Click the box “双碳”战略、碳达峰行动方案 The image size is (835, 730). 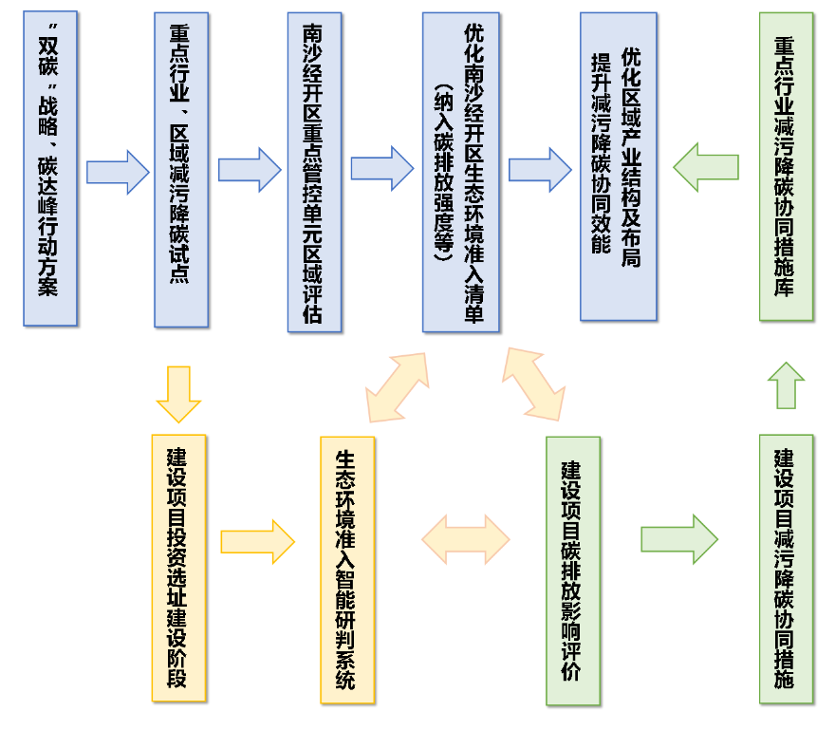click(x=50, y=168)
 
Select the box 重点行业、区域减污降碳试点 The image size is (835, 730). click(x=180, y=169)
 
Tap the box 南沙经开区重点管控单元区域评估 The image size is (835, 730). click(x=314, y=172)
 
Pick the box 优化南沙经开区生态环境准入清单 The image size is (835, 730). click(x=461, y=172)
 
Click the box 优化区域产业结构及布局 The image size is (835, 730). click(x=619, y=166)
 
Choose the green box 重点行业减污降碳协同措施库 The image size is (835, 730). click(x=786, y=166)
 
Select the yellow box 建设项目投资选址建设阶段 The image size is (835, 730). click(x=178, y=568)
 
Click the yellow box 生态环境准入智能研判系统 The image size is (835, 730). click(x=347, y=570)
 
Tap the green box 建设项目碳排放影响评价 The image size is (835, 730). click(x=573, y=571)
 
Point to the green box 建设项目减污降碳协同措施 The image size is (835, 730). click(x=786, y=569)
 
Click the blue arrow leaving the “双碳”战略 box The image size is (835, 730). click(x=118, y=172)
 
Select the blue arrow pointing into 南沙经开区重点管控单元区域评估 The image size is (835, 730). click(x=250, y=170)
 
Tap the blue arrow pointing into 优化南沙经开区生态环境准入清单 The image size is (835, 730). click(x=382, y=168)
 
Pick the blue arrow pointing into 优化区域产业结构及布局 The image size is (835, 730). click(x=540, y=170)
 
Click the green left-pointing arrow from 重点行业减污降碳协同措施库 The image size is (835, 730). click(x=706, y=167)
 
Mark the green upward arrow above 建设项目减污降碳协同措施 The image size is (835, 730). click(x=786, y=385)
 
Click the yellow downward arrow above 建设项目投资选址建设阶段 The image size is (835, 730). click(x=178, y=394)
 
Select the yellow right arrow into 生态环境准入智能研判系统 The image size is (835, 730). click(x=257, y=542)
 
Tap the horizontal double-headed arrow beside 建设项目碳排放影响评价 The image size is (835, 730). click(x=466, y=540)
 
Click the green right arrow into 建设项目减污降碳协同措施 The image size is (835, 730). click(x=678, y=539)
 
